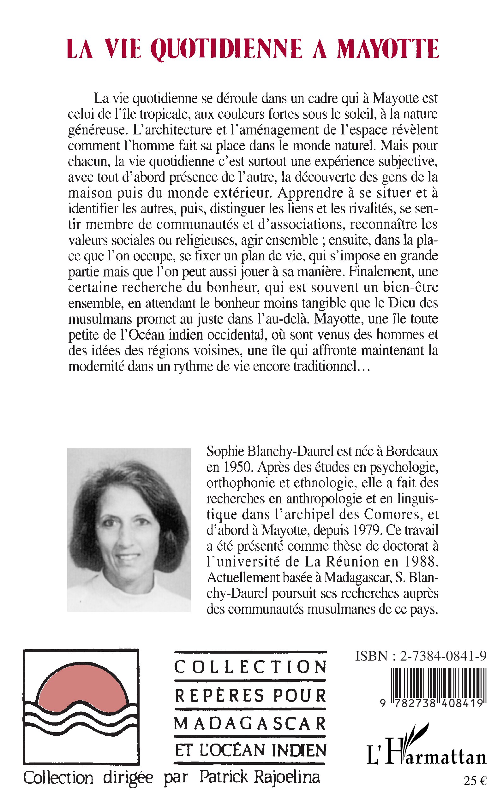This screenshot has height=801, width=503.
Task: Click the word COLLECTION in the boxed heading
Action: (x=250, y=666)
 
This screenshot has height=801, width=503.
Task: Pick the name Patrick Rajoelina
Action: (x=260, y=777)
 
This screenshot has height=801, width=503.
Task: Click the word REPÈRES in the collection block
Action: (x=219, y=695)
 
